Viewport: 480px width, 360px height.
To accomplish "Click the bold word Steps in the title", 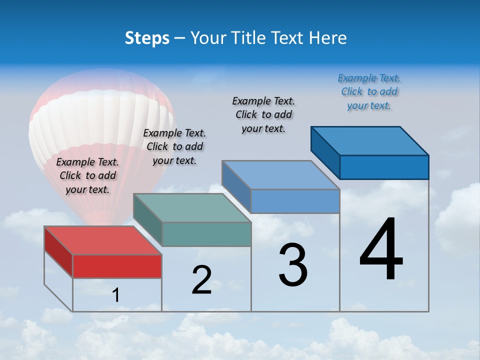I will point(147,38).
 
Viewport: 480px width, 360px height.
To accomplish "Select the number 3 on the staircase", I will point(293,265).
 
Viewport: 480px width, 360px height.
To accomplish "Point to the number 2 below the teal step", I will point(201,279).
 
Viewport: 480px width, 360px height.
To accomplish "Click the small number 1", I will point(116,295).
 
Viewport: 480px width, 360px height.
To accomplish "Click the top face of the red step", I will point(102,240).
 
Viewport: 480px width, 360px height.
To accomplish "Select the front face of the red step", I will point(117,266).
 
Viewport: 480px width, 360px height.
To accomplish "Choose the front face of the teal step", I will point(206,234).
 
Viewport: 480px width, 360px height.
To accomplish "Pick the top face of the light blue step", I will point(280,175).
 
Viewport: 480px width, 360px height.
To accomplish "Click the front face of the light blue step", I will point(295,201).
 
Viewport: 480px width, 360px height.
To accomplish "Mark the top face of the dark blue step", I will point(369,140).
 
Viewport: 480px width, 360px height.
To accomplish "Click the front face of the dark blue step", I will point(384,167).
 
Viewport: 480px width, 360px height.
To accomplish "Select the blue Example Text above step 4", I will point(369,91).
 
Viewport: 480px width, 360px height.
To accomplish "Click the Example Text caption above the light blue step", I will point(263,114).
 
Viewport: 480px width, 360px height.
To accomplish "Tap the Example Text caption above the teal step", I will point(174,146).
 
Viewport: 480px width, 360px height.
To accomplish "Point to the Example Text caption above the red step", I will point(87,175).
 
